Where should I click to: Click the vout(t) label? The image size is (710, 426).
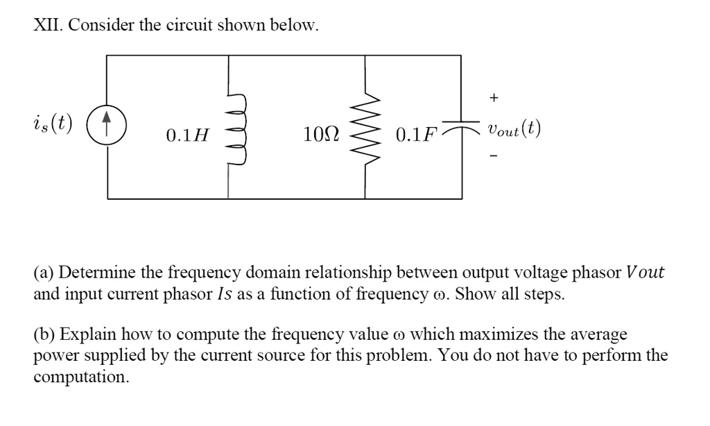point(514,130)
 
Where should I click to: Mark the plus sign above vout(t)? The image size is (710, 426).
point(493,99)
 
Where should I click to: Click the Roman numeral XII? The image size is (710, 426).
point(47,26)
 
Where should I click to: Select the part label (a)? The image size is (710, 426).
point(45,273)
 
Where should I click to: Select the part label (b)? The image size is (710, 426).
point(45,334)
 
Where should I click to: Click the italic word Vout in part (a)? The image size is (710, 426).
point(645,273)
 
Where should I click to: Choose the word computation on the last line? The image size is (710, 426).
point(81,377)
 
